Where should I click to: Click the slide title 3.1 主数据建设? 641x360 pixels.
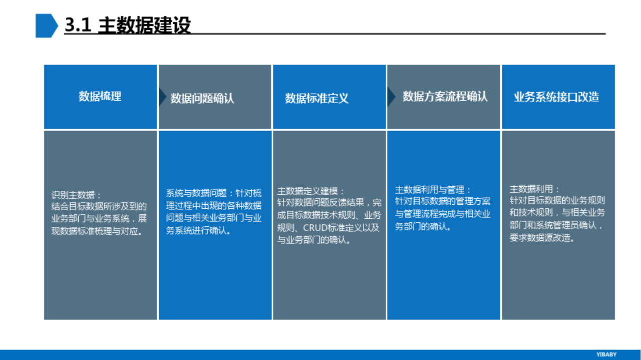click(x=128, y=25)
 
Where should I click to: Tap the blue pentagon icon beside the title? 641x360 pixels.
click(x=47, y=26)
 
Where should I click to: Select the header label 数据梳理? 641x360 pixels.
click(x=100, y=96)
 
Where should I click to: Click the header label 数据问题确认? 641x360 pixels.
click(x=202, y=99)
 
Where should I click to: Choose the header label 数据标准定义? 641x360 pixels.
click(x=316, y=99)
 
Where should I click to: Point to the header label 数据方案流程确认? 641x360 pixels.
click(x=445, y=97)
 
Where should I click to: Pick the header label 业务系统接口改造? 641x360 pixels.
click(x=556, y=97)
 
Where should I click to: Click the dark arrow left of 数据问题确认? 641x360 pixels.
click(x=163, y=97)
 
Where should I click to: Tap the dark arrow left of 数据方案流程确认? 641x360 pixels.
click(x=391, y=97)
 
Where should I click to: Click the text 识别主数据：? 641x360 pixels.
click(x=76, y=195)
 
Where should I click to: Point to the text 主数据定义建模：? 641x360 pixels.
click(x=310, y=191)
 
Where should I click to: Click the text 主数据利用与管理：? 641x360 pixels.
click(x=433, y=190)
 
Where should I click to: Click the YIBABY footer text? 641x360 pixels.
click(x=606, y=354)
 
